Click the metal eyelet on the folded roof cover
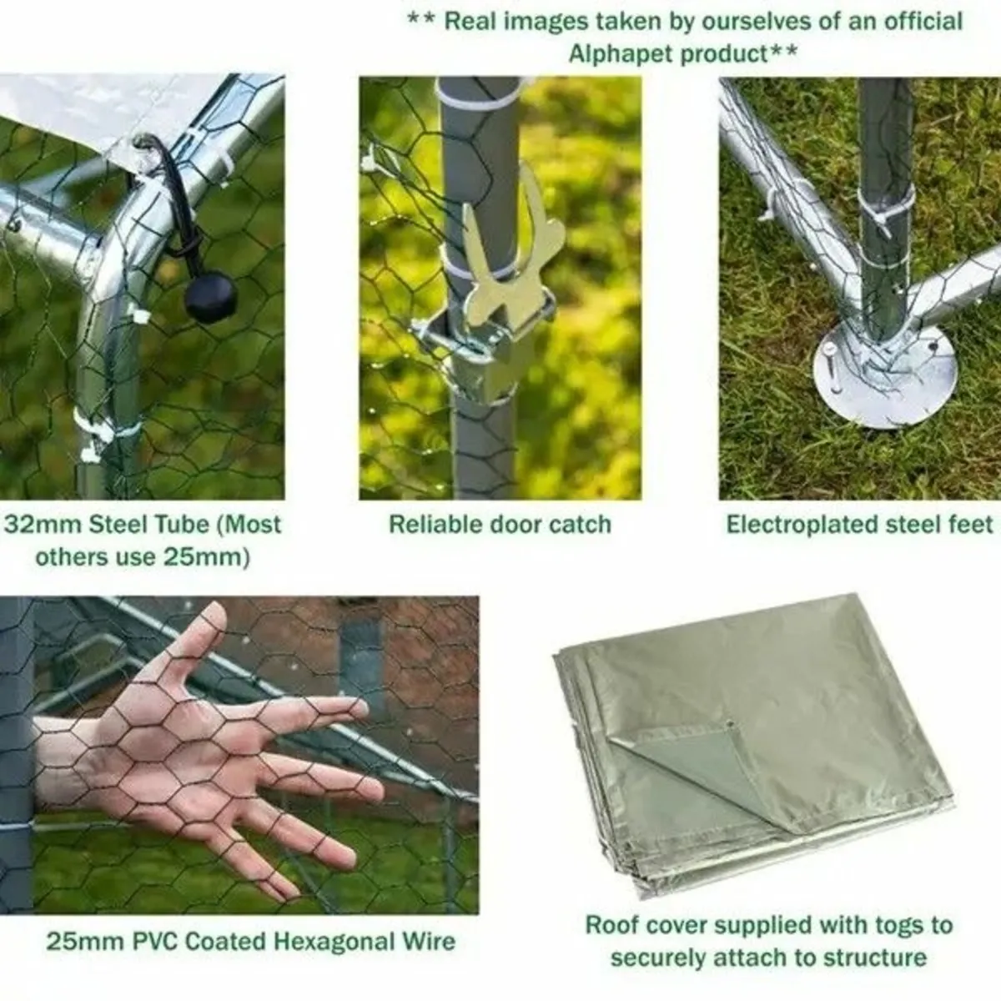point(730,724)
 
